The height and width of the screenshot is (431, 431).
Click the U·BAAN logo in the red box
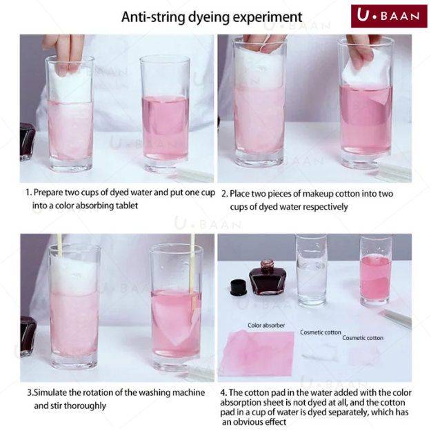(389, 16)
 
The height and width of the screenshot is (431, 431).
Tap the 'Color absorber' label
(266, 325)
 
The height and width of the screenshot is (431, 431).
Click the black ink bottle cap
(237, 288)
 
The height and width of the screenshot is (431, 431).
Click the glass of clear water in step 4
(312, 270)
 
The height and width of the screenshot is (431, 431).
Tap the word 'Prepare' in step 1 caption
(48, 192)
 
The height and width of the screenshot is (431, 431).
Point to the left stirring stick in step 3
(59, 245)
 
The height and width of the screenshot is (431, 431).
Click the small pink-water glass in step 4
(376, 270)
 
